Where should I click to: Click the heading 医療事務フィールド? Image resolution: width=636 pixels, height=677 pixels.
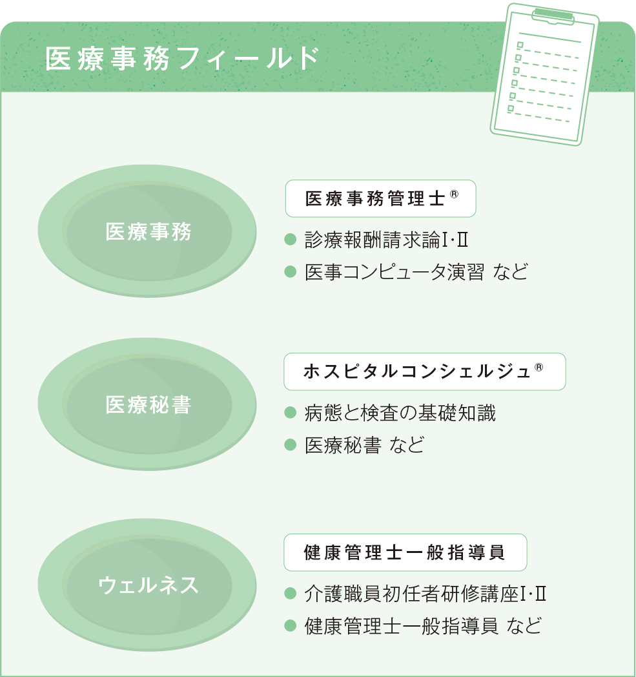(x=183, y=58)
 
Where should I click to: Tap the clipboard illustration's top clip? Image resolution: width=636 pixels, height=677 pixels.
(x=553, y=16)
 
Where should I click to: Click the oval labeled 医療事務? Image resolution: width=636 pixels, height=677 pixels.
(x=147, y=231)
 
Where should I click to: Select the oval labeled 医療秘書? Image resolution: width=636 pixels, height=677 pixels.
(x=147, y=404)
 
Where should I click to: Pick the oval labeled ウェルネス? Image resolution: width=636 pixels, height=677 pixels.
(x=147, y=585)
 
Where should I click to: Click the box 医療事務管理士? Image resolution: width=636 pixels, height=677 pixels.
(x=380, y=198)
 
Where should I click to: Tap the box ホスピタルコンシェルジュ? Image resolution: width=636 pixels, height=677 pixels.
(x=425, y=371)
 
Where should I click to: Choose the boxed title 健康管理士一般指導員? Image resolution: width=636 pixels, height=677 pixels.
(x=405, y=553)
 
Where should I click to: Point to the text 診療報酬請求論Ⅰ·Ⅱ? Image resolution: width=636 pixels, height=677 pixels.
(x=387, y=240)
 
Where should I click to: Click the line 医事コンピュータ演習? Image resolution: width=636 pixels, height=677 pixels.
(x=395, y=272)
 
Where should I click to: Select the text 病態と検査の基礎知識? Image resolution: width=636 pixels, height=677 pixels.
(x=400, y=413)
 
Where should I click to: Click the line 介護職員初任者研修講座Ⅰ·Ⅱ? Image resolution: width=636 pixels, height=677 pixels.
(x=426, y=594)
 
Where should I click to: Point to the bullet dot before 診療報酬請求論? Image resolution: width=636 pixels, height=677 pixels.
(x=291, y=240)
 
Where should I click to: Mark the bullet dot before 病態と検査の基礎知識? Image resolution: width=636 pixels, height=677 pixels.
(x=291, y=413)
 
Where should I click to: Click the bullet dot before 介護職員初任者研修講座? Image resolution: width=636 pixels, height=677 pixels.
(x=291, y=594)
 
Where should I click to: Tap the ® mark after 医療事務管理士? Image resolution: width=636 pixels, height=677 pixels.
(x=454, y=194)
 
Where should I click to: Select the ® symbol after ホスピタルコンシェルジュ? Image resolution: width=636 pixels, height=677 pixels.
(x=539, y=367)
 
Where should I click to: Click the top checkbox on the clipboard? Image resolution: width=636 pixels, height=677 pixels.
(x=520, y=45)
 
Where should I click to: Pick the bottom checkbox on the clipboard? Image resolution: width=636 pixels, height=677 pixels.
(x=511, y=109)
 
